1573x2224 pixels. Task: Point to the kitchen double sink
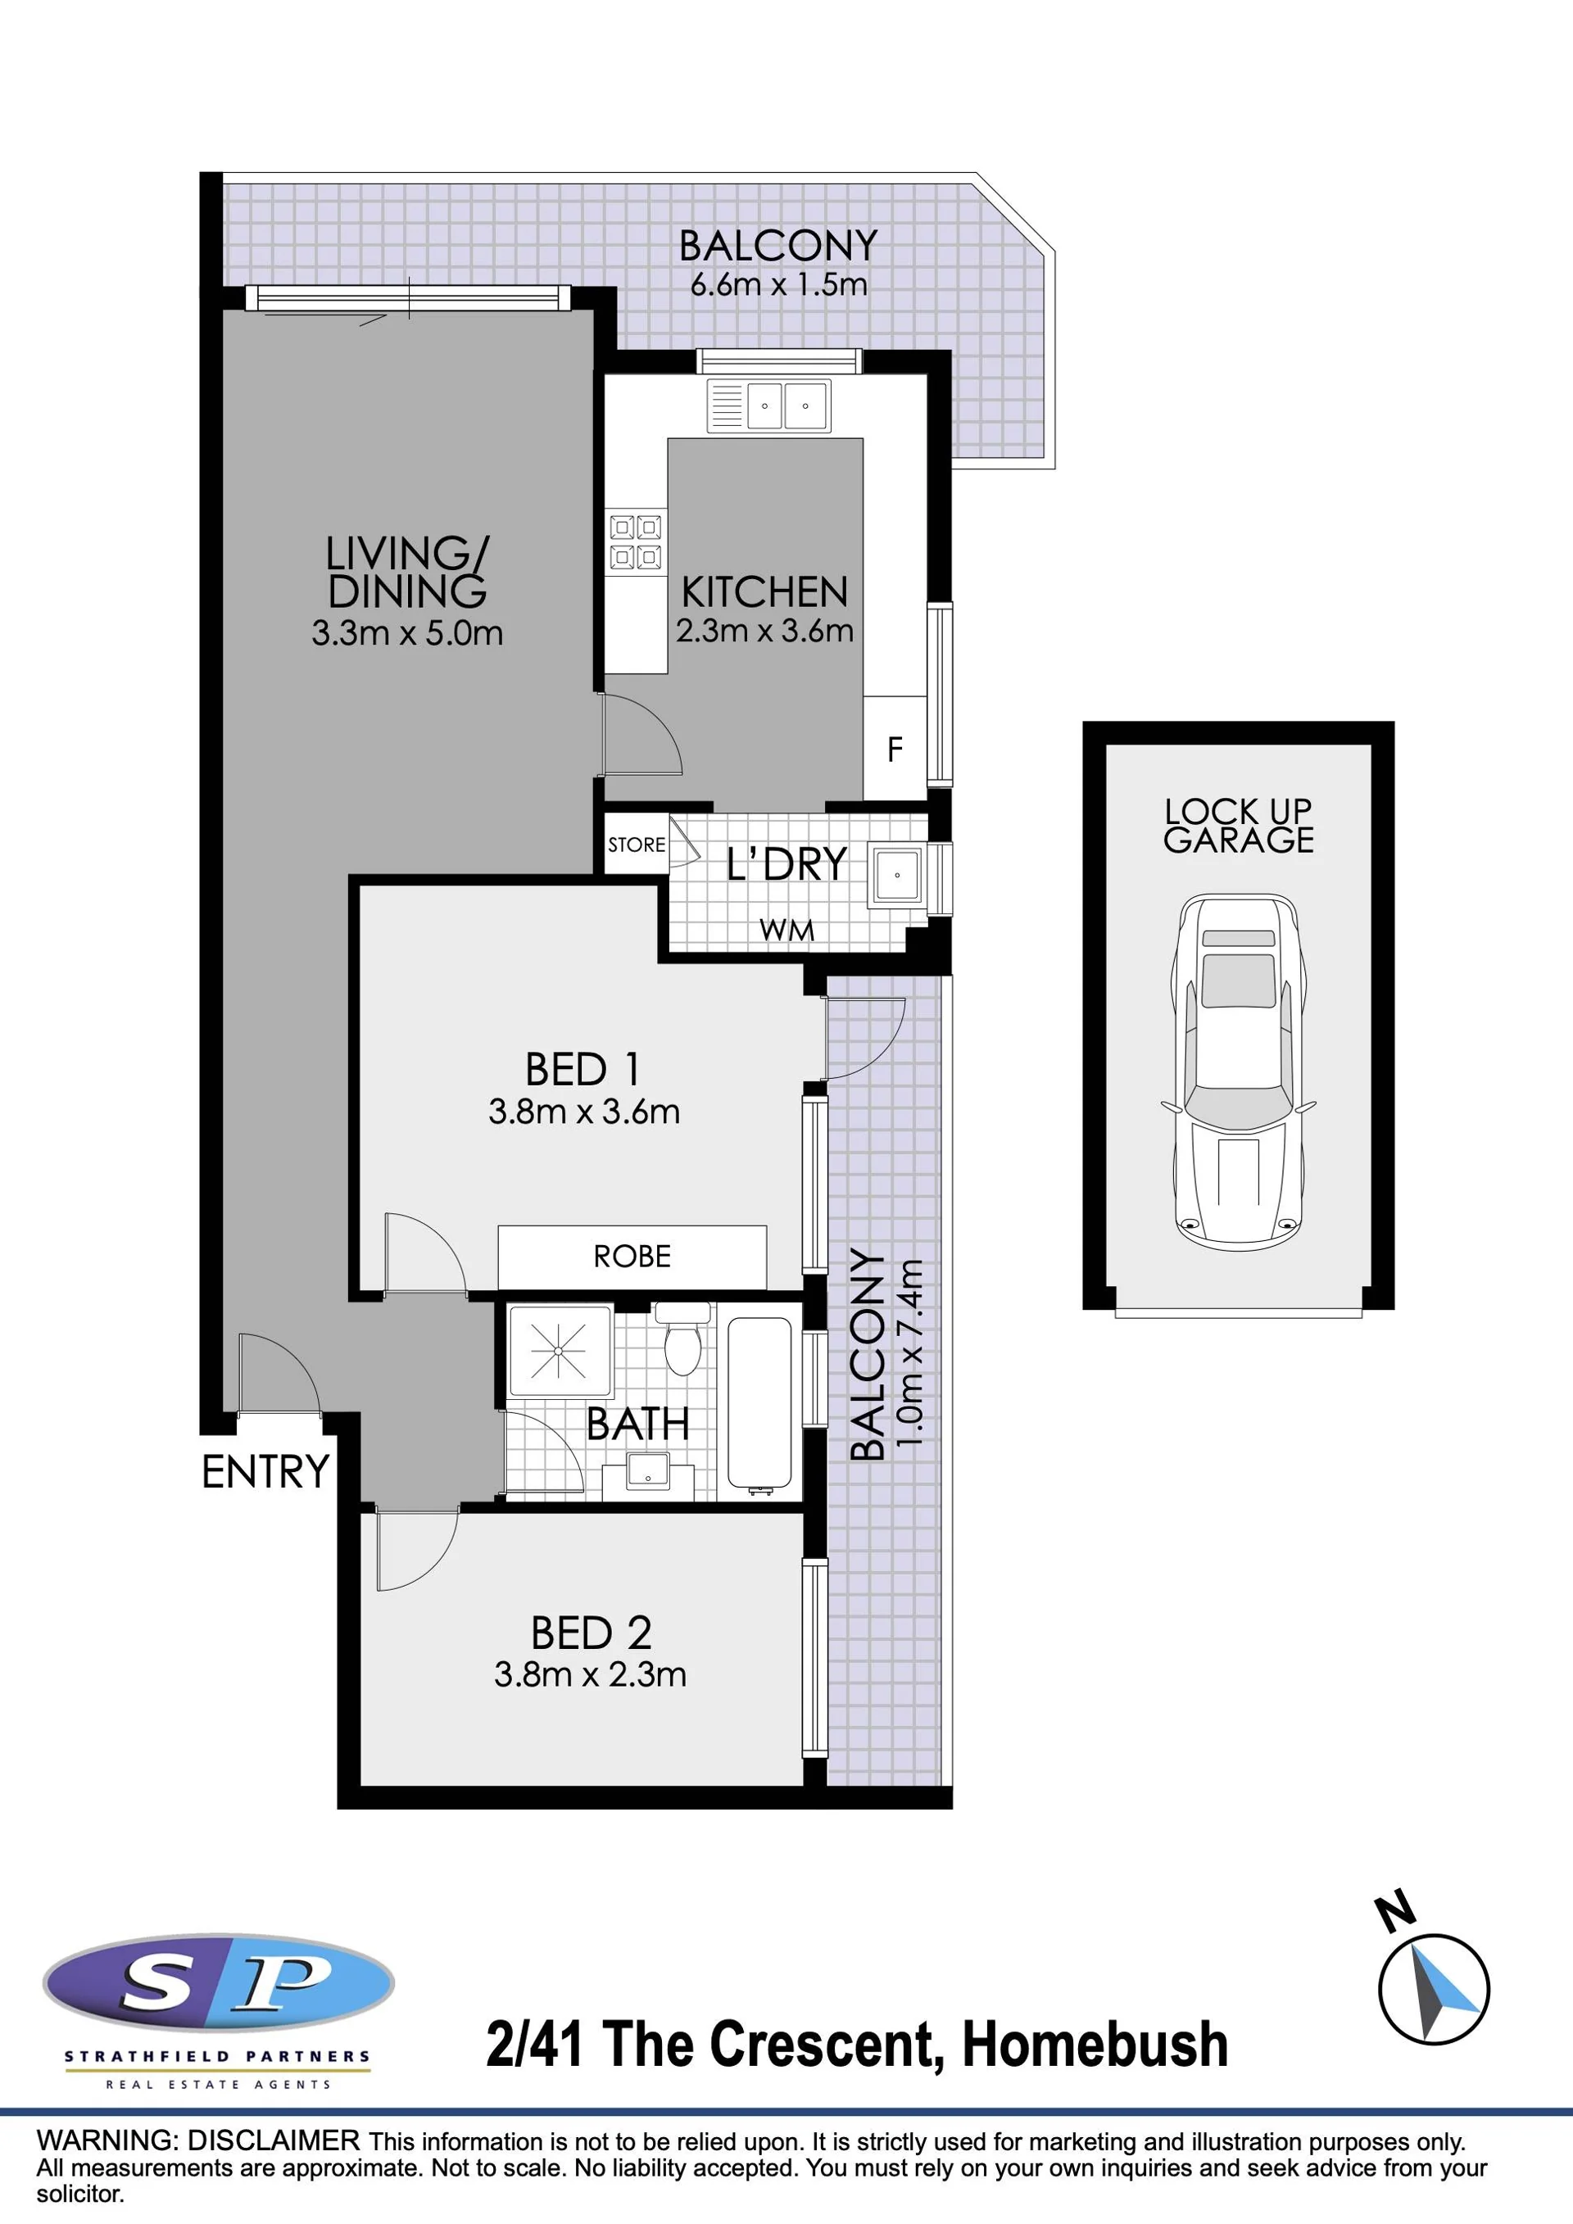coord(768,405)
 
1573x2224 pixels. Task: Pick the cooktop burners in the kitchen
coord(636,542)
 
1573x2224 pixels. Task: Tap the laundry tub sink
coord(897,876)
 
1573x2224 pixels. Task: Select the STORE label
coord(637,845)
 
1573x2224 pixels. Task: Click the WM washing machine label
coord(786,930)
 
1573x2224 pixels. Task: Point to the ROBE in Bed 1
coord(632,1257)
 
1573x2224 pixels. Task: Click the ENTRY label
coord(265,1471)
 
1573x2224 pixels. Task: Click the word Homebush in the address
coord(1095,2044)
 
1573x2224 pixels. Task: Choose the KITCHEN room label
coord(764,592)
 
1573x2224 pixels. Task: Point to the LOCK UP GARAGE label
coord(1239,825)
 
